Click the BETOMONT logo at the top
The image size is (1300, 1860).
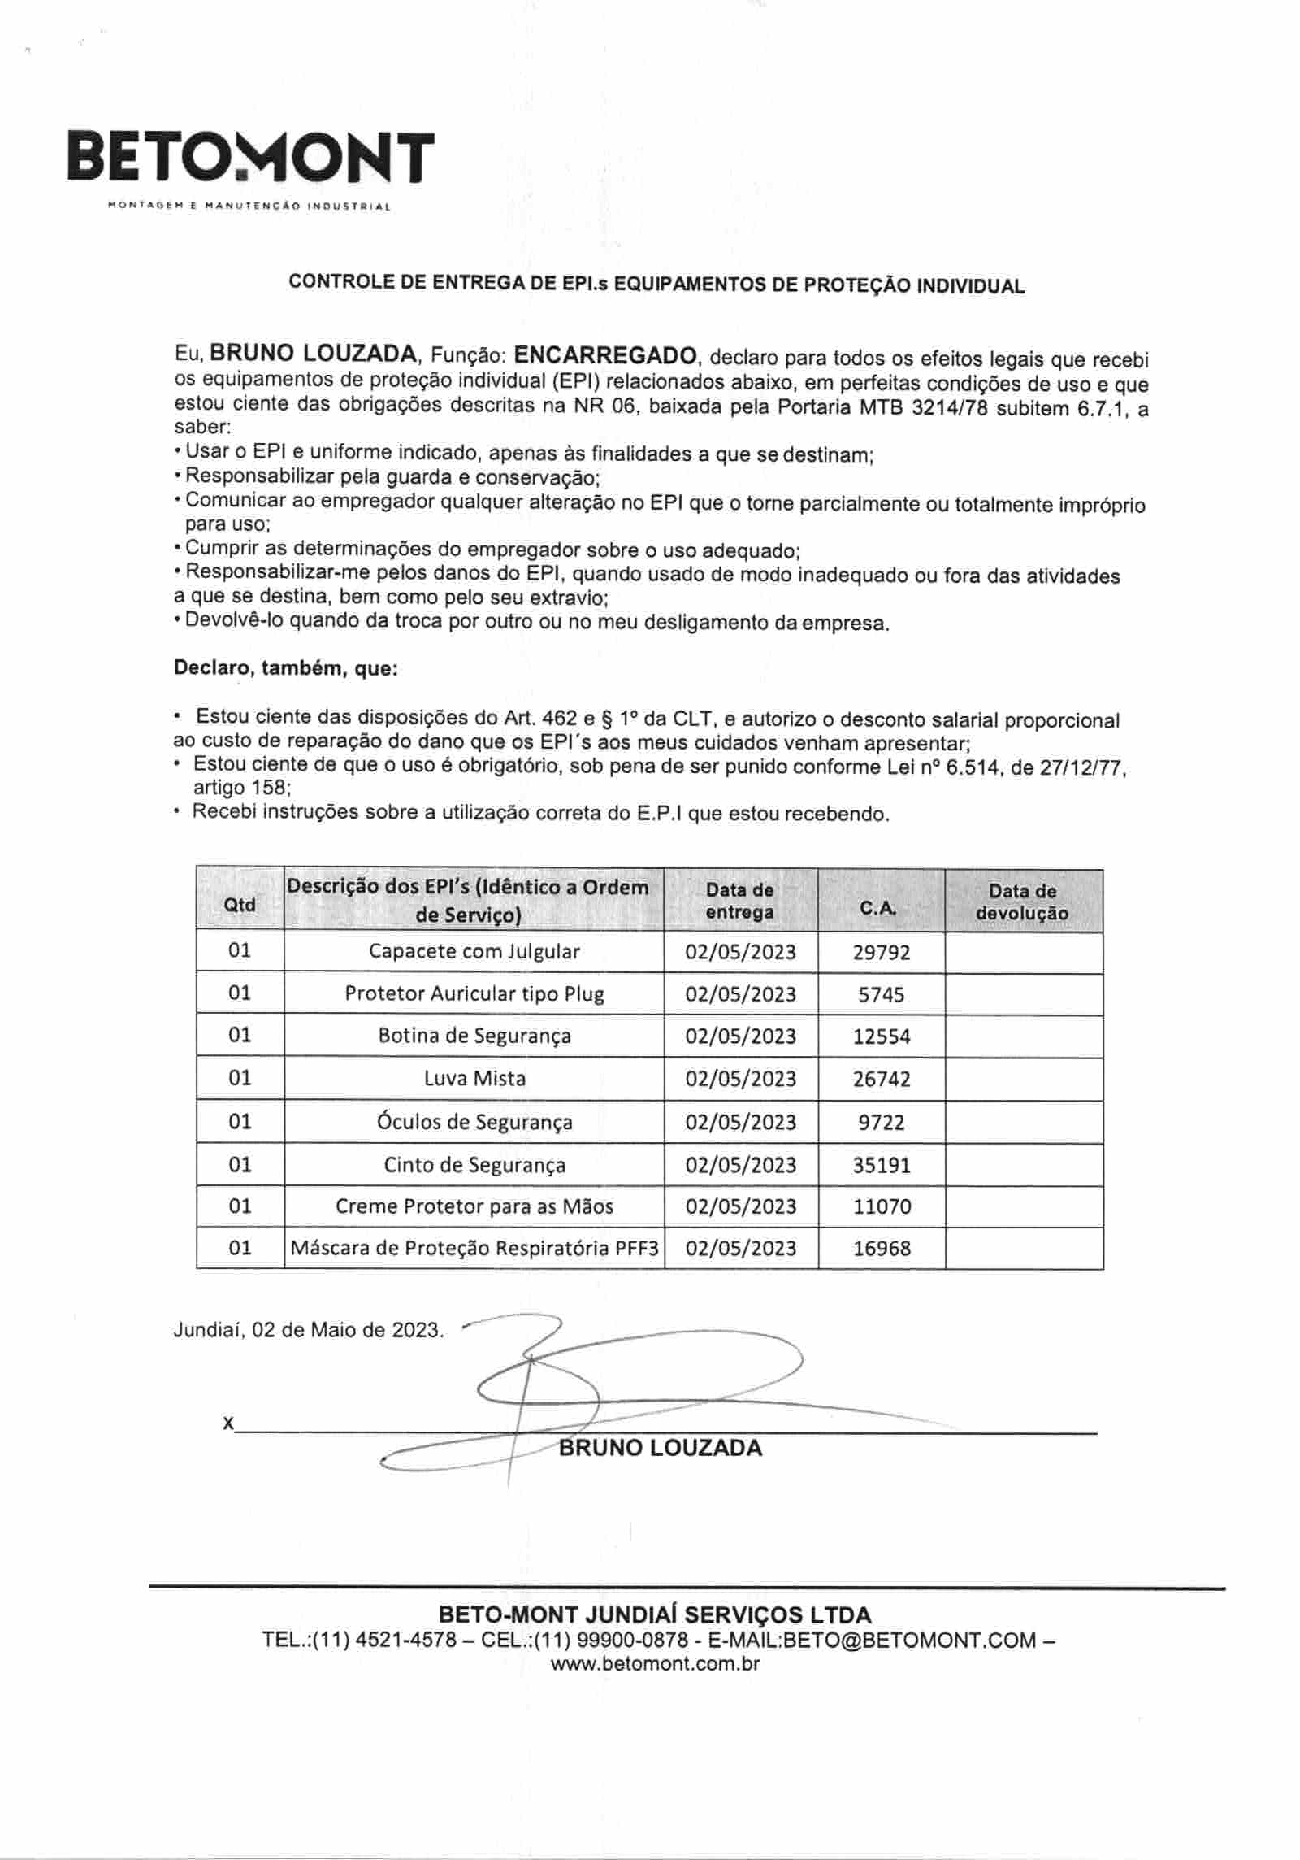click(250, 157)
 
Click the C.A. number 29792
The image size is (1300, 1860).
click(882, 952)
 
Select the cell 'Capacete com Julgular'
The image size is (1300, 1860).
click(474, 951)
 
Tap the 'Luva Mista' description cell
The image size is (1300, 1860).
click(474, 1079)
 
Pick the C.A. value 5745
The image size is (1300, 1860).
click(882, 994)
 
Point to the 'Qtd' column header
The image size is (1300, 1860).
click(240, 905)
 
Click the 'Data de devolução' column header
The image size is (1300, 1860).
click(1022, 902)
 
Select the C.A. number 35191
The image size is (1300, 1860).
click(882, 1165)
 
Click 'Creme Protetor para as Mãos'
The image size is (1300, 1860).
click(474, 1206)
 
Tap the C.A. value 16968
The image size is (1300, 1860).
click(882, 1249)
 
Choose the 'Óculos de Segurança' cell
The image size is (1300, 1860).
click(474, 1122)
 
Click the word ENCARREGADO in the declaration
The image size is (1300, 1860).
click(607, 355)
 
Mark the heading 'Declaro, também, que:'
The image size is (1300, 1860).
click(286, 669)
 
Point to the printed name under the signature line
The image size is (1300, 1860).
click(660, 1448)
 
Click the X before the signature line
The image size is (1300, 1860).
click(228, 1423)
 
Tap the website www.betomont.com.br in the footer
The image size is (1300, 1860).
click(655, 1663)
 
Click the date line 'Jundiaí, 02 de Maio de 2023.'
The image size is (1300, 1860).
click(309, 1331)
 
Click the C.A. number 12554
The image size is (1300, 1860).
click(882, 1036)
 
